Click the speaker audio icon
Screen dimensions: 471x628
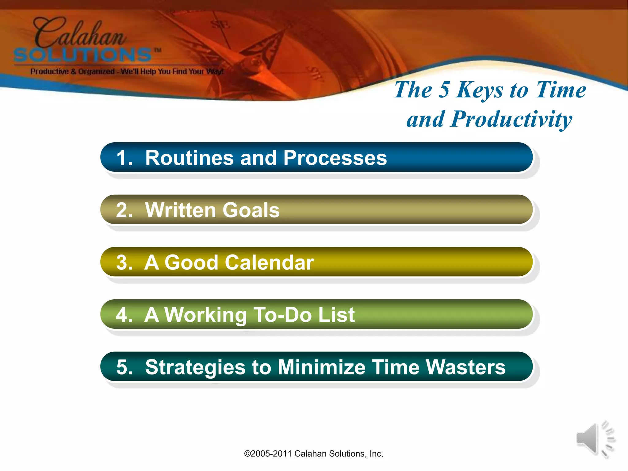(595, 439)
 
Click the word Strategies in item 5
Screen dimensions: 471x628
(195, 367)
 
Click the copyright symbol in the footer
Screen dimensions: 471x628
(247, 454)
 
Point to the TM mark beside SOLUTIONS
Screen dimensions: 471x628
(158, 50)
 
